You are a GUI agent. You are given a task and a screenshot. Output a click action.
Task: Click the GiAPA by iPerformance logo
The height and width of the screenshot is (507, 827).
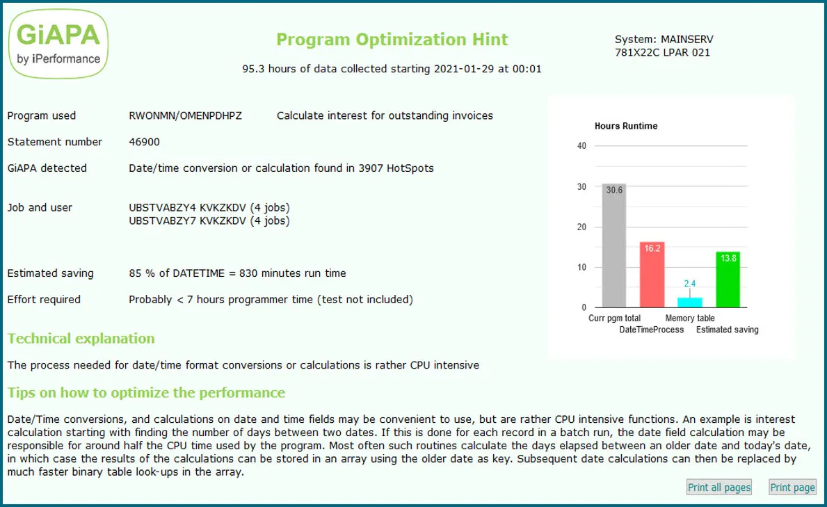[58, 43]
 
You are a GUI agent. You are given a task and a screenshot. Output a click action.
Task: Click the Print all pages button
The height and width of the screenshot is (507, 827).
[719, 488]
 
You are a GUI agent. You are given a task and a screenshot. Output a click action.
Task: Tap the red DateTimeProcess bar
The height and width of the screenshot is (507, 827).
[652, 275]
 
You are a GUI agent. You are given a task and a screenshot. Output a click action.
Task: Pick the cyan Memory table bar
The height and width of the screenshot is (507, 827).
[690, 303]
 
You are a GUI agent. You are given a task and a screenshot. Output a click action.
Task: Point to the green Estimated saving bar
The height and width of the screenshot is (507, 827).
[728, 280]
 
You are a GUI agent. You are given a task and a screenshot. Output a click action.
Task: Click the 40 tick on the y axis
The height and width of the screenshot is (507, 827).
[582, 146]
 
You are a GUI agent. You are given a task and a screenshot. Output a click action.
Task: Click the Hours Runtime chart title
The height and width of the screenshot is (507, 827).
[626, 127]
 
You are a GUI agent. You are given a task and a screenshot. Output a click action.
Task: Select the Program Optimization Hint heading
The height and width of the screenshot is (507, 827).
[392, 40]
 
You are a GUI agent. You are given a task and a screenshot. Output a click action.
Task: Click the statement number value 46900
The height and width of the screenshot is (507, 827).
[144, 142]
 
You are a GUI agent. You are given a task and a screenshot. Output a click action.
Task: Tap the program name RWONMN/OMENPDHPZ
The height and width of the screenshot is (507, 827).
[186, 115]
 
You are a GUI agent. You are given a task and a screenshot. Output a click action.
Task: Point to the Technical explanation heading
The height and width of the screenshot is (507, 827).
[81, 339]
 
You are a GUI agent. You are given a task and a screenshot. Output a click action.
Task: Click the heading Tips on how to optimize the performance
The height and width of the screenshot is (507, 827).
[146, 393]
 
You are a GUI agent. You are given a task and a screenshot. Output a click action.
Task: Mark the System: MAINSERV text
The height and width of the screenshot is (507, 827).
[664, 40]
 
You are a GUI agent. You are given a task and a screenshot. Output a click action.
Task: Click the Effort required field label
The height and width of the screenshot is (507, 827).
[44, 300]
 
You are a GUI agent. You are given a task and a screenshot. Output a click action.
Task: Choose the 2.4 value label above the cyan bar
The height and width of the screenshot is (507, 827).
[690, 284]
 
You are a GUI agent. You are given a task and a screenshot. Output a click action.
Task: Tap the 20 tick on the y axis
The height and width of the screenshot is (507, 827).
[582, 227]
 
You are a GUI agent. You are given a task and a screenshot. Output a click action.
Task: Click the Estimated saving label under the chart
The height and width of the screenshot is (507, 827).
[728, 330]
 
